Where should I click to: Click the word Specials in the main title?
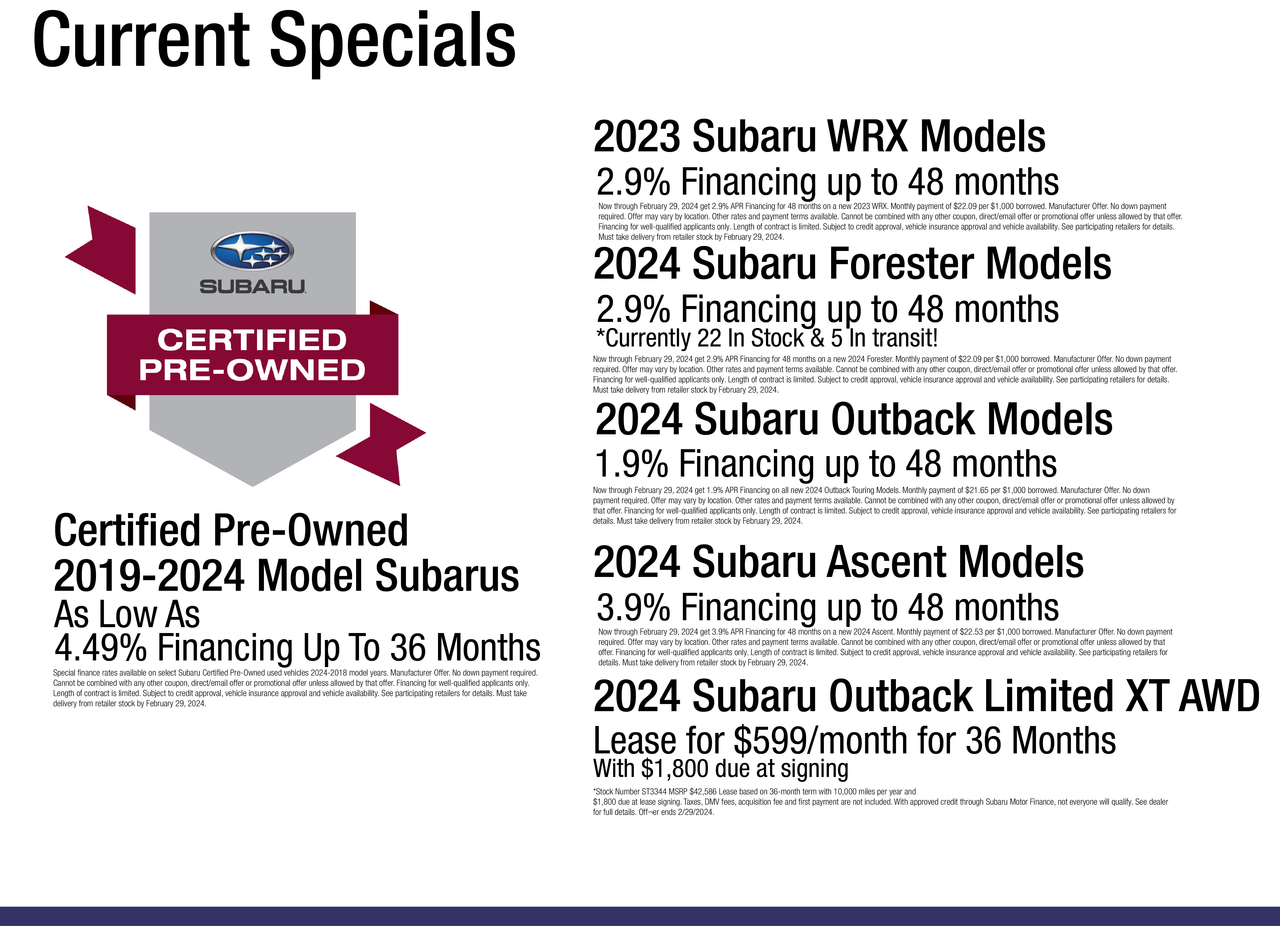[393, 41]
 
